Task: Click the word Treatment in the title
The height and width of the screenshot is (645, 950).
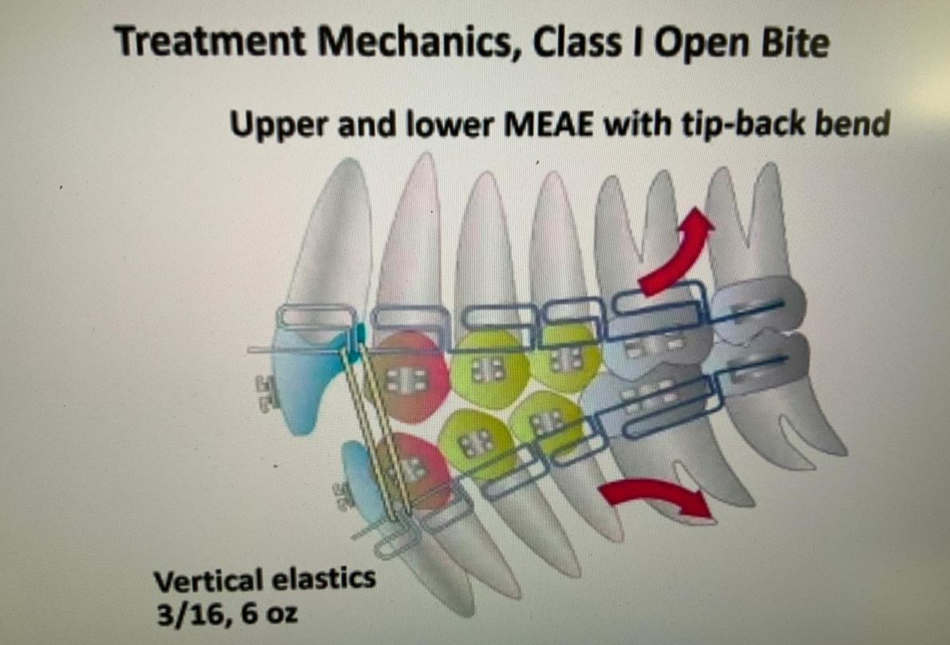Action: [210, 42]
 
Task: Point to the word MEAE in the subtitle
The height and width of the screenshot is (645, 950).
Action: [549, 125]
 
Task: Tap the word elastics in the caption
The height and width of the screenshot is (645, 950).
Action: [323, 579]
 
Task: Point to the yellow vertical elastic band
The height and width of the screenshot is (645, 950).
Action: [374, 430]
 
